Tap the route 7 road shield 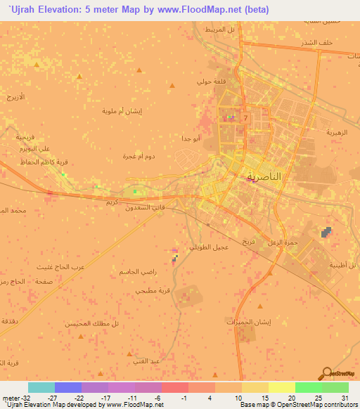[x=245, y=118]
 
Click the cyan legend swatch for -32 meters [x=41, y=387]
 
